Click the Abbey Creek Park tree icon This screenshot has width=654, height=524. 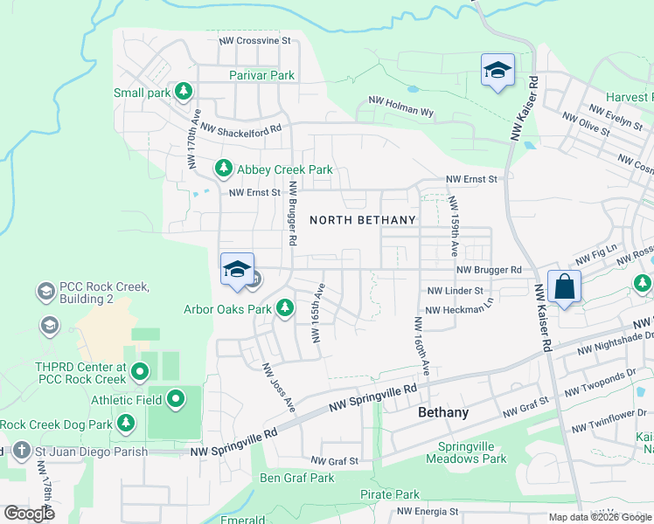coord(224,167)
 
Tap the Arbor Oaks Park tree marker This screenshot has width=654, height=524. coord(284,307)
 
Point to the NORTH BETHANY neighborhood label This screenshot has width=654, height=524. coord(362,220)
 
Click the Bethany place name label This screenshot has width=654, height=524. coord(443,412)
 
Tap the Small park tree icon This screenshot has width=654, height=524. coord(183,91)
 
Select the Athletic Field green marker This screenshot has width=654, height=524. coord(176,400)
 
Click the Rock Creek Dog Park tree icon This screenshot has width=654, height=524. coord(126,424)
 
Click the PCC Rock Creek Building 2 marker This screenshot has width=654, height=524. coord(45,289)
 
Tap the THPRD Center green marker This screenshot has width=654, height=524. coord(139,374)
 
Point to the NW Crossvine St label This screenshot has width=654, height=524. coord(254,41)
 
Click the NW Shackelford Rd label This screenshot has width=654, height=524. coord(240,128)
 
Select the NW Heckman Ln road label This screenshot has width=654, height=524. coord(459,311)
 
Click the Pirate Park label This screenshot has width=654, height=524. coord(389,494)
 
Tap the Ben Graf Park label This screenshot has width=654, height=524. coord(297,478)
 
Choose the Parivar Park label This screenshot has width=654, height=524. coord(261,75)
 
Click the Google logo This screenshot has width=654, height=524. coord(29,513)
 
